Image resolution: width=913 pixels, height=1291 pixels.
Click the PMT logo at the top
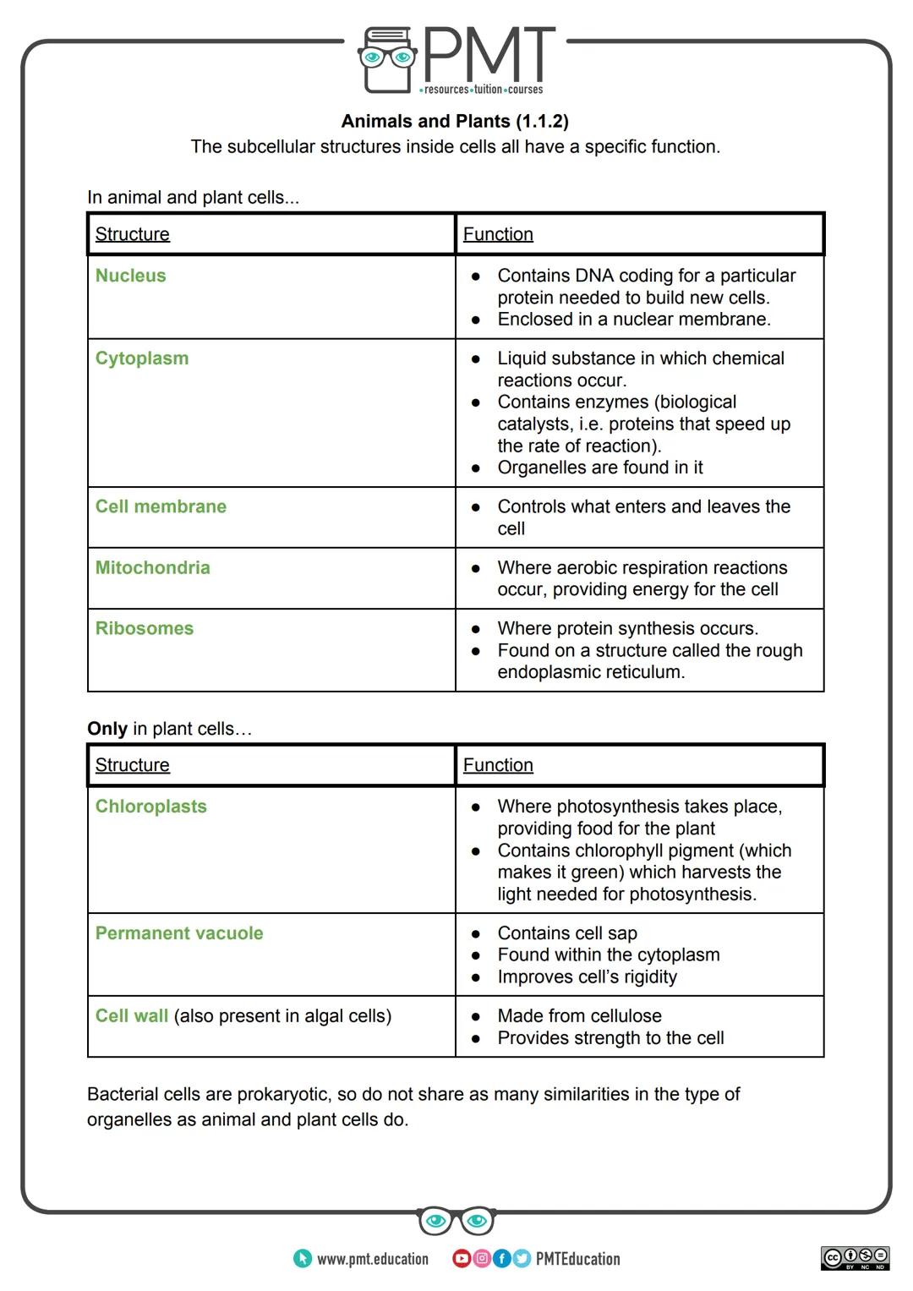(456, 59)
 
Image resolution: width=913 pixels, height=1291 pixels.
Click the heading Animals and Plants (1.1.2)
(455, 121)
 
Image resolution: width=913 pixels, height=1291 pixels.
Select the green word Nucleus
(130, 276)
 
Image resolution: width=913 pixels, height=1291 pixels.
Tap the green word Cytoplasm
(141, 358)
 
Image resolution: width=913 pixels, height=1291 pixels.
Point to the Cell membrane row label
(161, 506)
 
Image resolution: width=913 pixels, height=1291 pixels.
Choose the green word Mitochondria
(152, 567)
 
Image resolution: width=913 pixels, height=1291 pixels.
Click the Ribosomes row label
(144, 628)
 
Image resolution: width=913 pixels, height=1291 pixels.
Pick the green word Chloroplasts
(150, 807)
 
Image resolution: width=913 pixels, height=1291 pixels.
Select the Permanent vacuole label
(178, 933)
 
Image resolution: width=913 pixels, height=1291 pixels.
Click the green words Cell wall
(131, 1016)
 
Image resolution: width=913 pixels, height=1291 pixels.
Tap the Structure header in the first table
(132, 234)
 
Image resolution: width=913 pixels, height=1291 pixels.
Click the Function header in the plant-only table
(498, 765)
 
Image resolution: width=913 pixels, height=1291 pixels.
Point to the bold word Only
(107, 729)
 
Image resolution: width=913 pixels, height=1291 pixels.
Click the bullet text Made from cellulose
(579, 1016)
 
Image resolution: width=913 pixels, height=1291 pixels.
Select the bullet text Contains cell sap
(566, 933)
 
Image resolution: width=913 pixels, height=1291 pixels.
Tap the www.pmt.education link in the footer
(372, 1259)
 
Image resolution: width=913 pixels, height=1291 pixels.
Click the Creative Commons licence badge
(855, 1257)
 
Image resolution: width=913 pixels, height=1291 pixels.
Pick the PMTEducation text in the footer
(577, 1259)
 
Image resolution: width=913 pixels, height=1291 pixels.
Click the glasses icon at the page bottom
(456, 1221)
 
